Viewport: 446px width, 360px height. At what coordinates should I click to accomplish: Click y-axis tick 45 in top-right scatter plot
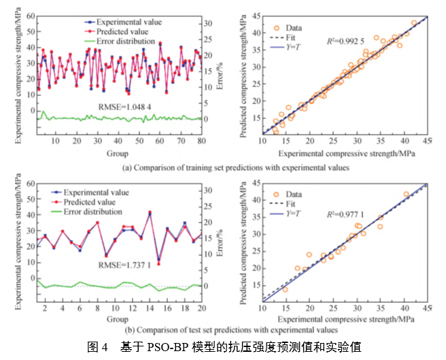[x=254, y=15]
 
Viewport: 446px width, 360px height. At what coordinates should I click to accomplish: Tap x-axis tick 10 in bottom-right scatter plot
[x=262, y=310]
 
